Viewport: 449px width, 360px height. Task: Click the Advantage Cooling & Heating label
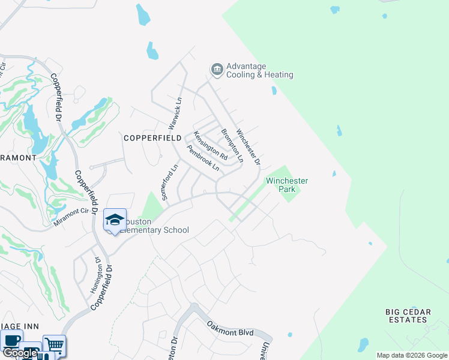[x=259, y=71]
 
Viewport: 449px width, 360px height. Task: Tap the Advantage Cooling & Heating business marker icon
[x=216, y=70]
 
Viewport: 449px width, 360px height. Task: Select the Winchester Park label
[x=287, y=184]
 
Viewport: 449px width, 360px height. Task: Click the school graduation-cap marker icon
[x=115, y=220]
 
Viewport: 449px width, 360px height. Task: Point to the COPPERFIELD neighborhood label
[x=152, y=137]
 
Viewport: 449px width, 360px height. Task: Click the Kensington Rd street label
[x=210, y=146]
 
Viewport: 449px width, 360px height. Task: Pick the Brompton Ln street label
[x=232, y=145]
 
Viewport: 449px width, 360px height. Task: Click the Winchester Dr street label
[x=248, y=147]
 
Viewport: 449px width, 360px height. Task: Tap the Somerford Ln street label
[x=167, y=182]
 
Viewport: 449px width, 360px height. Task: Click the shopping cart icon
[x=54, y=345]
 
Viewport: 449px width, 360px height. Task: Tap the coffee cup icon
[x=11, y=340]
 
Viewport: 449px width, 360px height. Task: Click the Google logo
[x=19, y=353]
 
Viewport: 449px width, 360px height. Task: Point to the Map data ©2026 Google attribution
[x=412, y=355]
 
